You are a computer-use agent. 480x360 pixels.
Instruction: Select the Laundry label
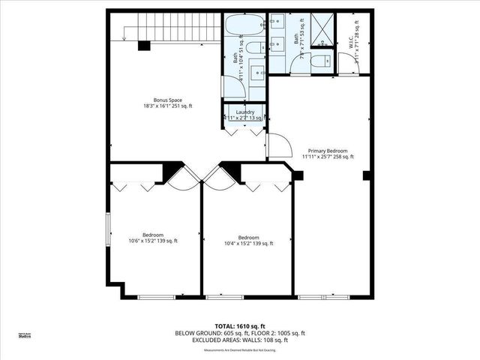(244, 112)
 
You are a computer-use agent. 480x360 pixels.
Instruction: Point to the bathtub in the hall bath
(243, 25)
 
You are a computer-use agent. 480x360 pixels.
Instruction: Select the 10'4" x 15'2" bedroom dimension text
(248, 243)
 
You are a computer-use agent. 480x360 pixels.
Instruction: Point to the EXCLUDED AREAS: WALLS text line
(240, 340)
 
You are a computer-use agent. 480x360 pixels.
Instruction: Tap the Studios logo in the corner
(25, 335)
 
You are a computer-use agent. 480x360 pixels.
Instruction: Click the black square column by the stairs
(143, 46)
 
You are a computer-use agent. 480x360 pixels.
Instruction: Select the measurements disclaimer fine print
(240, 349)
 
